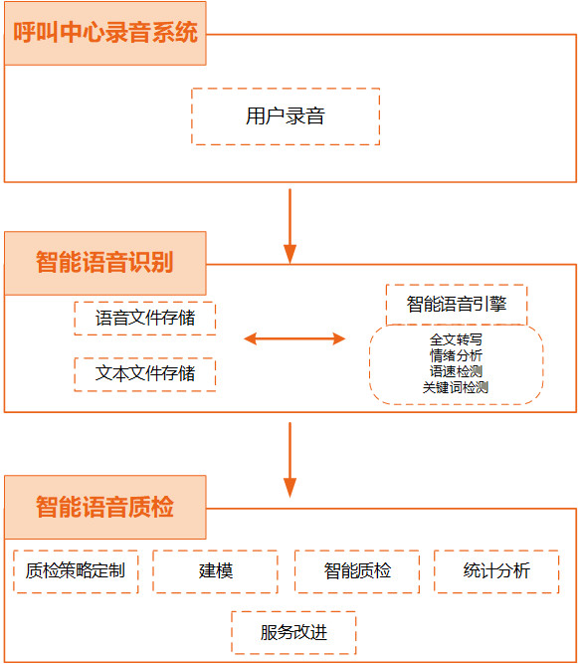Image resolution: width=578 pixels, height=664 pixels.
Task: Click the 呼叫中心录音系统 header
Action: pos(104,33)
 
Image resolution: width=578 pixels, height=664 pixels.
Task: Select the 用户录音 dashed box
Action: pos(286,116)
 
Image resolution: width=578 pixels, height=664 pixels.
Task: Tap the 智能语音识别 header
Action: pos(104,263)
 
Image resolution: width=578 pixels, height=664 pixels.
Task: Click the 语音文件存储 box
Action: pos(144,319)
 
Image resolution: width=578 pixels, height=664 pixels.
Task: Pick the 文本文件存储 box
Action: pos(144,374)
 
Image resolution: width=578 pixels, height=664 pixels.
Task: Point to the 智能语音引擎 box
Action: pos(457,305)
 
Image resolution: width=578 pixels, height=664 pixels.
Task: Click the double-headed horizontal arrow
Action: pos(294,338)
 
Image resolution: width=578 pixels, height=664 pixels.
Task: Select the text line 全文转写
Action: pos(456,339)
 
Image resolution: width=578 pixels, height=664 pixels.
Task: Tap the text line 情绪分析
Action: pos(456,355)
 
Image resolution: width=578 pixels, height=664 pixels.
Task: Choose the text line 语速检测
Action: pos(456,371)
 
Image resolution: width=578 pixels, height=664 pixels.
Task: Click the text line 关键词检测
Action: pos(456,387)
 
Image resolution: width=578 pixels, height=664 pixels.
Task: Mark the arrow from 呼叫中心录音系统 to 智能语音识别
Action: pos(289,227)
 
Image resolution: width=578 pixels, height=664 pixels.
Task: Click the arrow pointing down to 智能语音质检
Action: pos(289,460)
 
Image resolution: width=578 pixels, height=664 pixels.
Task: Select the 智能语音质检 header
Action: pos(104,507)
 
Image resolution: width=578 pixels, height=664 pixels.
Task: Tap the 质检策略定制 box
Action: pos(76,571)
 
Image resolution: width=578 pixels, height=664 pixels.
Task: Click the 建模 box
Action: pos(215,571)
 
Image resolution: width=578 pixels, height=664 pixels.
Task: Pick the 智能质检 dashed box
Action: pos(357,571)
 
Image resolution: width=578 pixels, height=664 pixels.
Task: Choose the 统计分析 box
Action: pos(496,571)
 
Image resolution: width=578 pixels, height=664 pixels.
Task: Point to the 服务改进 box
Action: pos(293,633)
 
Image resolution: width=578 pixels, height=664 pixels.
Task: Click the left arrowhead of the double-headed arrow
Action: pos(250,338)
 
